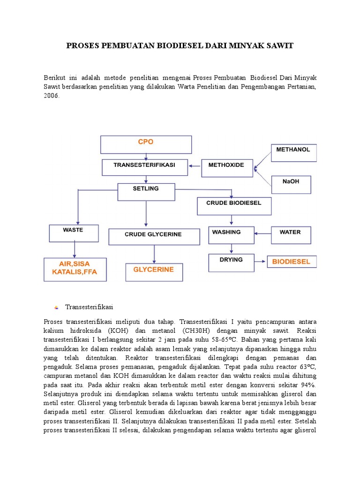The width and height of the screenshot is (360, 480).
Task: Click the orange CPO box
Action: [x=146, y=144]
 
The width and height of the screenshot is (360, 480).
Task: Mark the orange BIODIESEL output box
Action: [x=292, y=262]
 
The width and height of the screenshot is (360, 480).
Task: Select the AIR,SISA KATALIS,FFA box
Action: [x=75, y=269]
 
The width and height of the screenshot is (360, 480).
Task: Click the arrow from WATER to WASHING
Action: [x=262, y=232]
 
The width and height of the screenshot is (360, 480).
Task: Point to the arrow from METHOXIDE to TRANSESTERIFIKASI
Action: [x=195, y=165]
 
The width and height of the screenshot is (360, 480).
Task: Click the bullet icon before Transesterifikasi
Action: [x=56, y=307]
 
